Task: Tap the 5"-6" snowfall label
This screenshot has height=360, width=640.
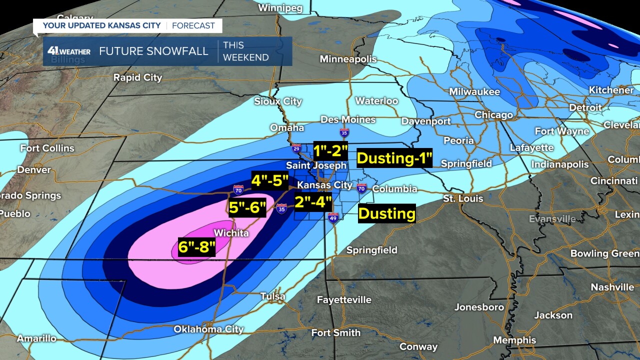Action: tap(247, 207)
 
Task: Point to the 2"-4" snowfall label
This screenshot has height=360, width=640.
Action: tap(313, 202)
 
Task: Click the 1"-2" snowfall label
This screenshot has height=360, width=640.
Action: tap(330, 149)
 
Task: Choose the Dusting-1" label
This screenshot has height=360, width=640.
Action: tap(394, 158)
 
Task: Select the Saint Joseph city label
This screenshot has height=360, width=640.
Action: tap(316, 165)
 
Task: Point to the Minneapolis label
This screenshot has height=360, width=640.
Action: tap(348, 59)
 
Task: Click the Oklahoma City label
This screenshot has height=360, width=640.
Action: tap(208, 329)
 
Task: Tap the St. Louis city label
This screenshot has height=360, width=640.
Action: tap(463, 198)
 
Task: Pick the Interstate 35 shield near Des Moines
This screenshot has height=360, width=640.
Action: tap(344, 132)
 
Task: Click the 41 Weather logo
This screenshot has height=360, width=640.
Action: tap(68, 51)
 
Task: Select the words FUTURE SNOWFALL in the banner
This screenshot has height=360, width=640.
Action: tap(153, 51)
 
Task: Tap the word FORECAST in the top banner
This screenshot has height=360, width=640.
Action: tap(193, 25)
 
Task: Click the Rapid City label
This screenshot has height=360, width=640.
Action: tap(137, 77)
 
